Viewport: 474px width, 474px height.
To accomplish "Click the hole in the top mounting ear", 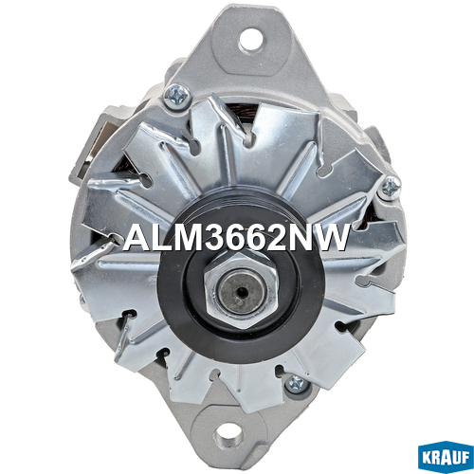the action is click(x=251, y=39).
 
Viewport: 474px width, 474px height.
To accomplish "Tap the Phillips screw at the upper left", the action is click(x=177, y=95).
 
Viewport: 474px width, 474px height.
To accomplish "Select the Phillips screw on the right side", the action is click(x=391, y=189).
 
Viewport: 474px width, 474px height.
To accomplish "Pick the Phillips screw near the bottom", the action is click(x=296, y=385).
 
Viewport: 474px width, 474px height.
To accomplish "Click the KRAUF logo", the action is click(x=446, y=458).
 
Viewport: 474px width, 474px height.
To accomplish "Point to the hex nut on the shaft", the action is click(x=242, y=290).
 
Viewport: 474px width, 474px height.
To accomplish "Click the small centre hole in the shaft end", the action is click(x=242, y=293).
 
